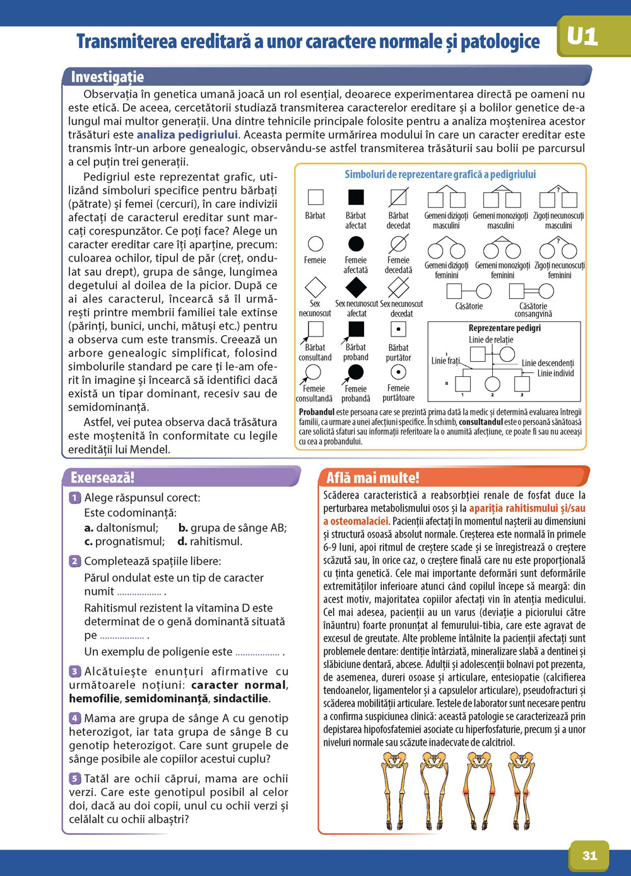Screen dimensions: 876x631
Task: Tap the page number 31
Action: [589, 855]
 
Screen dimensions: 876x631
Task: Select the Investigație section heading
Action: [107, 77]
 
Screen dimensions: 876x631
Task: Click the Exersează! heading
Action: [102, 477]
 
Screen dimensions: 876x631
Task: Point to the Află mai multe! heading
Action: [372, 477]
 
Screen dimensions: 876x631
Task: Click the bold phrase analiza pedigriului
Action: [187, 134]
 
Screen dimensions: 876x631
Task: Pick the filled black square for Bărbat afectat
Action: [356, 197]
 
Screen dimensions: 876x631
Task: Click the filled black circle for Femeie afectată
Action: [356, 243]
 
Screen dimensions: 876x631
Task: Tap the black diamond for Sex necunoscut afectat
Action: [356, 287]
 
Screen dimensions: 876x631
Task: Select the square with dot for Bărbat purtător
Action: [398, 329]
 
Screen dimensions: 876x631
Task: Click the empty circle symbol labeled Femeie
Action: [315, 243]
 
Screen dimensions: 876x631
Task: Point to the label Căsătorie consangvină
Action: [533, 309]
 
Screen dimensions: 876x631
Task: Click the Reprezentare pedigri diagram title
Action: [504, 328]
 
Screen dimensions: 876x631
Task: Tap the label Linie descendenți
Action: [548, 363]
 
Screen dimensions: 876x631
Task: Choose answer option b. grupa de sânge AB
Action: [232, 527]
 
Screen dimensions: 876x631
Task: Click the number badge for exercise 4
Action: [75, 718]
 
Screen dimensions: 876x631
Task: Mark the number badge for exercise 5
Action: [75, 778]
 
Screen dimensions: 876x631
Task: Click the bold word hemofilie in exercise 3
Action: [94, 698]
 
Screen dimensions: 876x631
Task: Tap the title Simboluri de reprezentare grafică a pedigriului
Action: [440, 175]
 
